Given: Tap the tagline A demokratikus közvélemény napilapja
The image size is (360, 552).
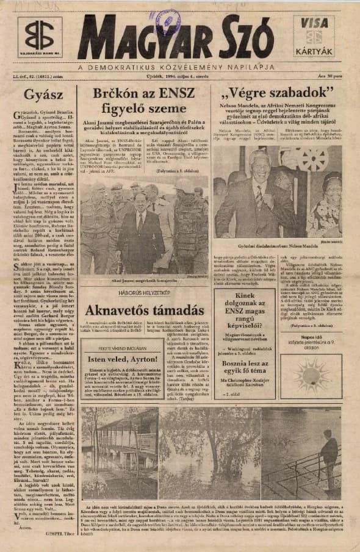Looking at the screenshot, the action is (177, 67).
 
